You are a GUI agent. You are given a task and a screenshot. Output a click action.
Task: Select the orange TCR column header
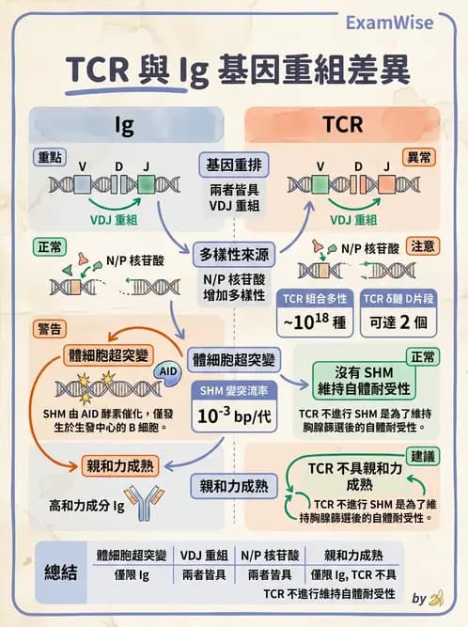point(342,125)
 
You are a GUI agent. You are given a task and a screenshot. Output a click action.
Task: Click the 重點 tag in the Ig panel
point(50,156)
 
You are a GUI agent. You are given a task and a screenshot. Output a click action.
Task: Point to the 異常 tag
point(418,157)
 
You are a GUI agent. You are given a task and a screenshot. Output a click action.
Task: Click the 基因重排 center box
point(234,165)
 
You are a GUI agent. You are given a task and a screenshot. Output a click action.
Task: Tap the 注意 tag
point(423,246)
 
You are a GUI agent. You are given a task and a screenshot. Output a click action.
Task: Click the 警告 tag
point(50,328)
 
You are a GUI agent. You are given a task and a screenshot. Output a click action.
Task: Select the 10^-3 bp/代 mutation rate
point(234,415)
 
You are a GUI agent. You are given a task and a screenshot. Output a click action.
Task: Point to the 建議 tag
point(423,455)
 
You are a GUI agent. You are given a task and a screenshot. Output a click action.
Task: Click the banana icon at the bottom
point(434,598)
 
